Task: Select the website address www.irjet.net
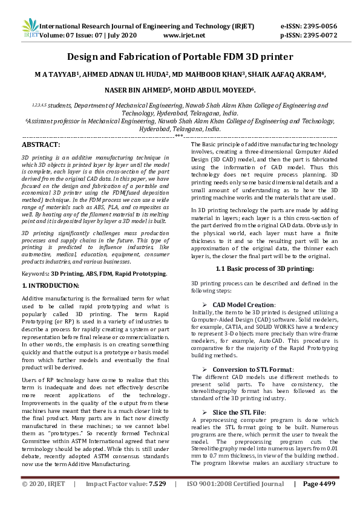pyautogui.click(x=185, y=35)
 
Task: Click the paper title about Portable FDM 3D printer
pyautogui.click(x=180, y=57)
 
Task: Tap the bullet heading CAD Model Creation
pyautogui.click(x=244, y=305)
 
